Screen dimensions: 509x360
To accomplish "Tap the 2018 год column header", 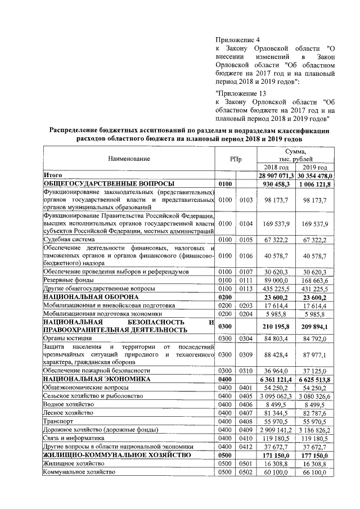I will [276, 168].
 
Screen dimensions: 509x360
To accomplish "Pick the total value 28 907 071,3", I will [276, 175].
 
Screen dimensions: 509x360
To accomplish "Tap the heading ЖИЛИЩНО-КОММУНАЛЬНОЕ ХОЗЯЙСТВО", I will [113, 455].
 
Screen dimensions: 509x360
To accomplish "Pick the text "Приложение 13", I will [241, 93].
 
